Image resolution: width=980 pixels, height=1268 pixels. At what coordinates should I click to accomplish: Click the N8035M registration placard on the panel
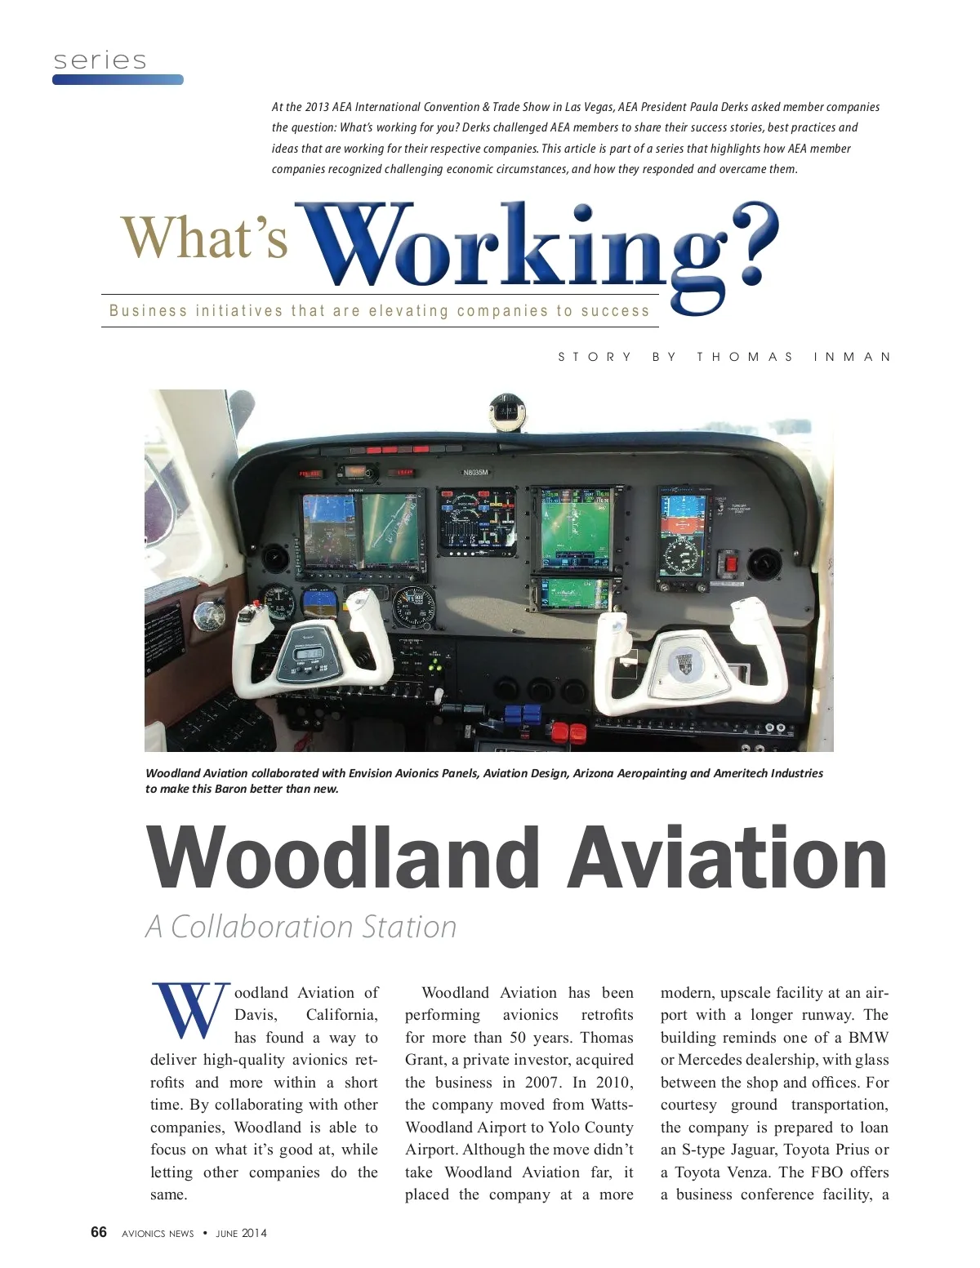click(x=475, y=473)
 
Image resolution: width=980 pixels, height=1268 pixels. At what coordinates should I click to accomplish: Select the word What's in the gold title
click(x=204, y=238)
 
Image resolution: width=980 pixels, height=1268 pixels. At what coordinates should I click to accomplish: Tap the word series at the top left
click(x=100, y=60)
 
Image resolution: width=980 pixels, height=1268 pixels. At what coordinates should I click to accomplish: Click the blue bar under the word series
click(x=118, y=80)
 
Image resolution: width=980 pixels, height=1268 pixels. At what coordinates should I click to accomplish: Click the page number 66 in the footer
click(x=99, y=1232)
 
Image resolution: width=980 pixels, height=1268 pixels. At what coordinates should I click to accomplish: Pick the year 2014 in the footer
click(x=254, y=1233)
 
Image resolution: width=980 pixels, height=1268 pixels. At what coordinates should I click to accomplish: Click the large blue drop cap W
click(x=189, y=1010)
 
